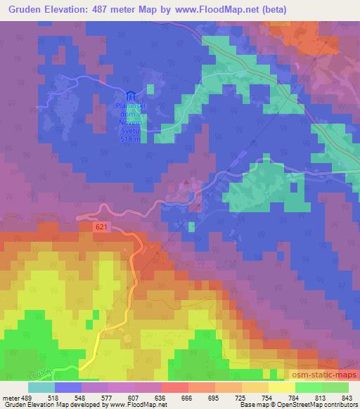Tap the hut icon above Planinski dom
point(130,96)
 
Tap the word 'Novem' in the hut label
point(131,122)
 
